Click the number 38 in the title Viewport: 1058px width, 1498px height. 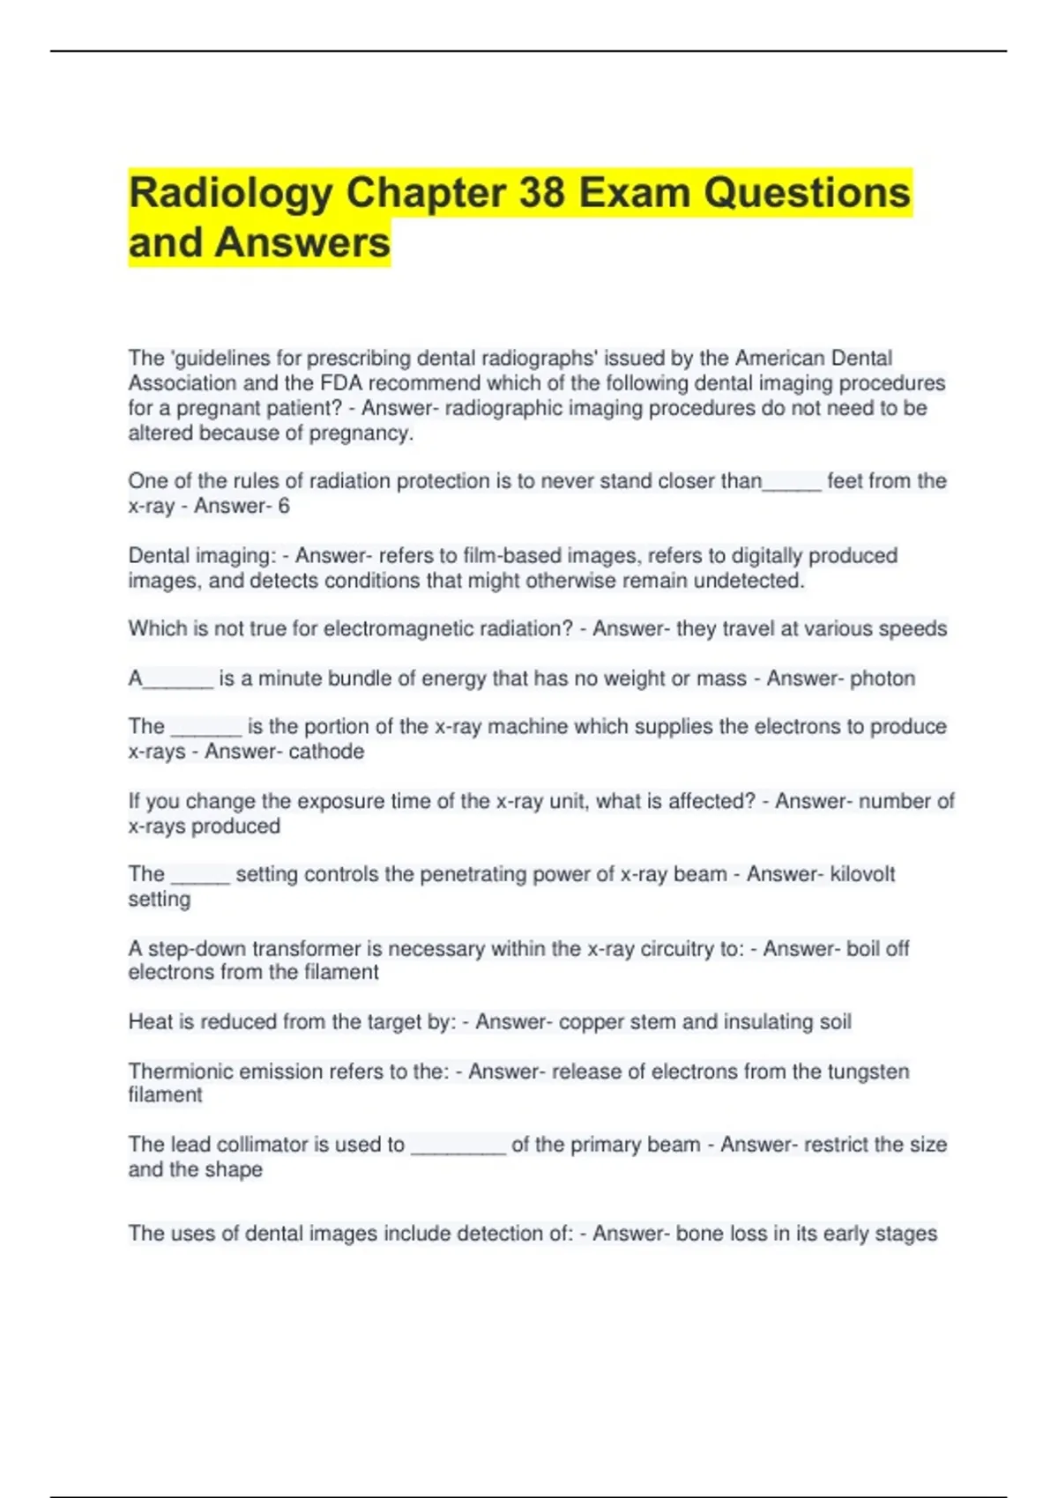(x=541, y=193)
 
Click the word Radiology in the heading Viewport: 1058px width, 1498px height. (x=230, y=193)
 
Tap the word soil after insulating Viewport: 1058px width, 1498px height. (x=835, y=1022)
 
